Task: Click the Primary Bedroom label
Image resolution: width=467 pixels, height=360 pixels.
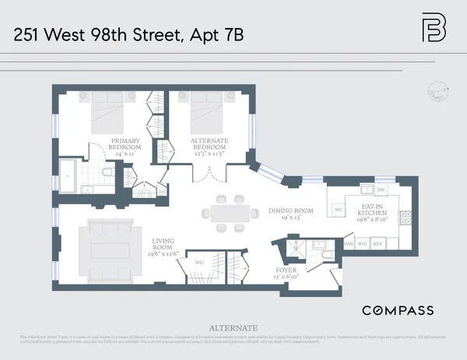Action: [x=125, y=148]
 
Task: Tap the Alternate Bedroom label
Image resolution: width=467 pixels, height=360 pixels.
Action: [x=209, y=148]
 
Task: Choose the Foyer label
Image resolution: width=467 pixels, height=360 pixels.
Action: [x=287, y=273]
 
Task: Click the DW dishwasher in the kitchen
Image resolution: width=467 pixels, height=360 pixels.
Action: [x=381, y=190]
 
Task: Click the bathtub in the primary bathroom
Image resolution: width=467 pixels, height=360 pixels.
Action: [x=68, y=176]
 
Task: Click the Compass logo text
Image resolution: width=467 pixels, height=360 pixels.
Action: [x=398, y=310]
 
